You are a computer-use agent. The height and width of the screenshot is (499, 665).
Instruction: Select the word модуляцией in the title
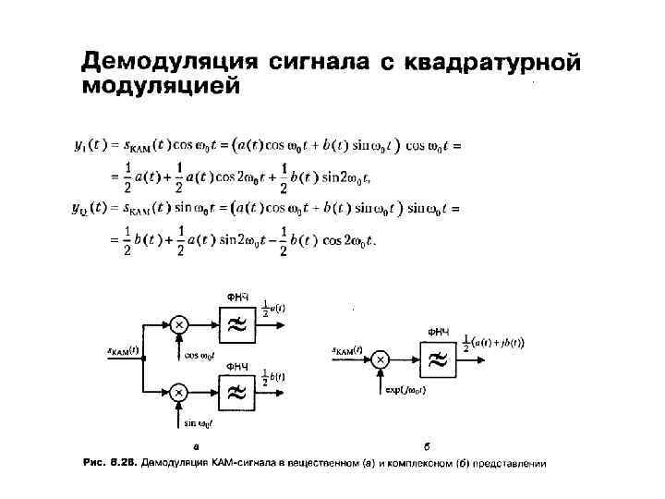(x=161, y=88)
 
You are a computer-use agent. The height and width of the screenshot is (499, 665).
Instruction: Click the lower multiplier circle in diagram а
(x=179, y=393)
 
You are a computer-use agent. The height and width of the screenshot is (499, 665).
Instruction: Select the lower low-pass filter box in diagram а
(x=236, y=393)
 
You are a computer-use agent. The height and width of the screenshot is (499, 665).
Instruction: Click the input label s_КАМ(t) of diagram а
(x=122, y=350)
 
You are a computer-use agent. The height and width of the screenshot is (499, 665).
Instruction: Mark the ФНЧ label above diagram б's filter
(x=439, y=331)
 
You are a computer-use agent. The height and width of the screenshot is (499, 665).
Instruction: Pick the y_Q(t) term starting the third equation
(x=91, y=209)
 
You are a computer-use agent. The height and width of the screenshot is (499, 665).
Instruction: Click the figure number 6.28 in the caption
(x=125, y=463)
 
